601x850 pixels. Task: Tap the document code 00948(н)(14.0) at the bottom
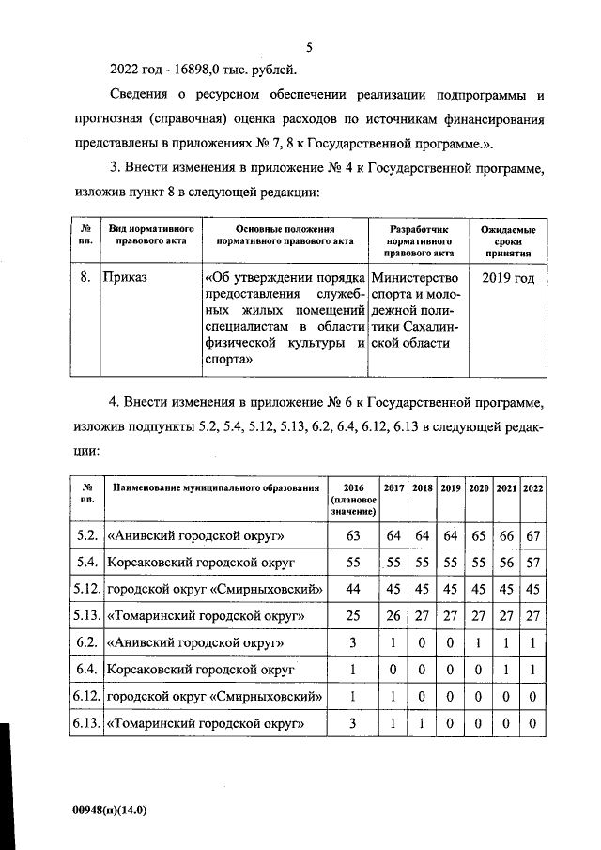coord(110,809)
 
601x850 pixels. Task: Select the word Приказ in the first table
coord(126,278)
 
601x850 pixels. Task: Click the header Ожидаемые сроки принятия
coord(508,240)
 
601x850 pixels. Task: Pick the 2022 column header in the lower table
coord(532,488)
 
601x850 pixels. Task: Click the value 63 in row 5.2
coord(353,536)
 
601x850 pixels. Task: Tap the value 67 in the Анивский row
coord(532,536)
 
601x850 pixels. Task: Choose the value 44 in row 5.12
coord(353,590)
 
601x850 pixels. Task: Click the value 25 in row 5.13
coord(353,616)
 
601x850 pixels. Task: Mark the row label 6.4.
coord(86,670)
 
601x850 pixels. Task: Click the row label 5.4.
coord(86,563)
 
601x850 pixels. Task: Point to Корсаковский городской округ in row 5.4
coord(202,563)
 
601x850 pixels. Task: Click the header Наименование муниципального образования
coord(214,488)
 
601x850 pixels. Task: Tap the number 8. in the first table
coord(86,278)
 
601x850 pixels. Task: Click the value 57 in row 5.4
coord(532,563)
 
